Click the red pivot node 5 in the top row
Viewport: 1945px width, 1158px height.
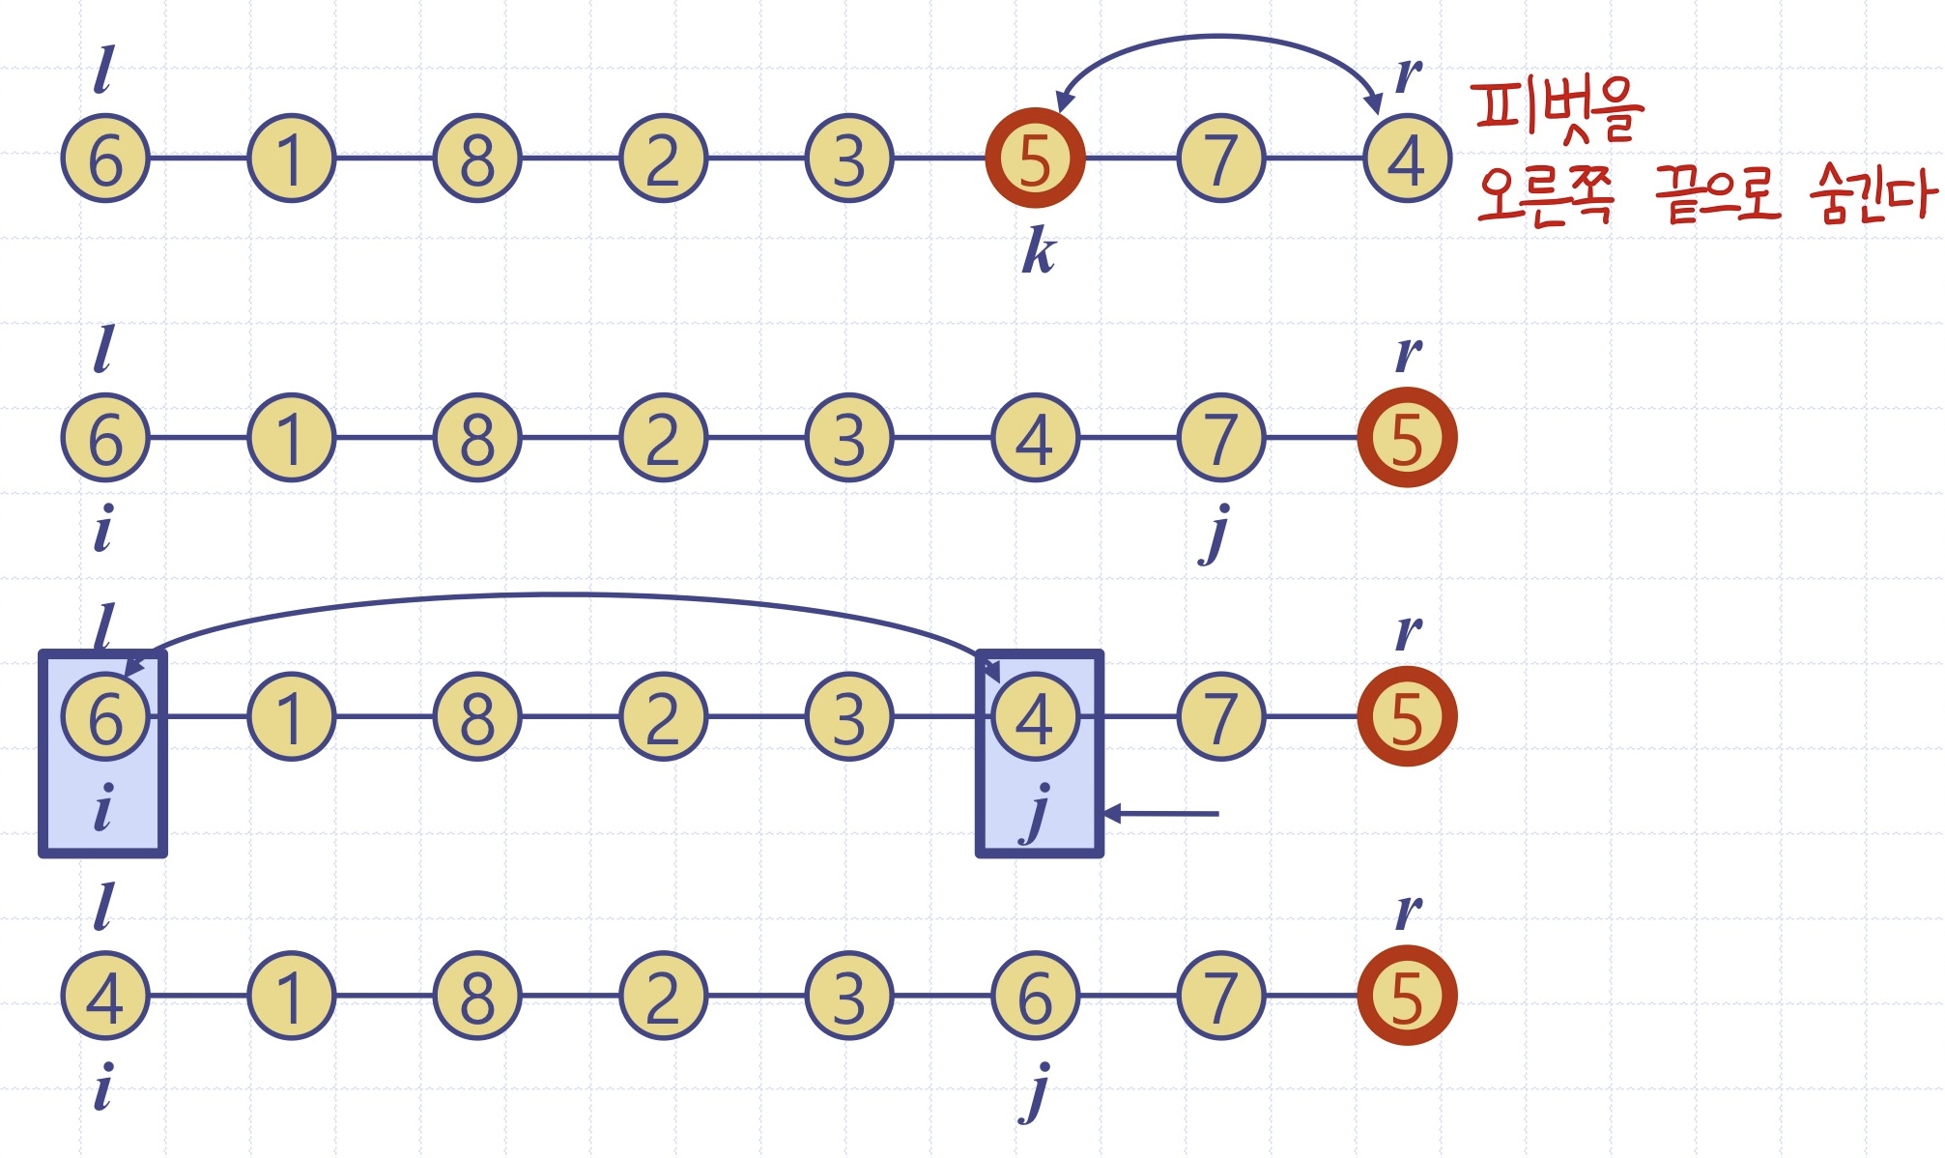click(1035, 158)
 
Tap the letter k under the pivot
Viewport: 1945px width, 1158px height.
click(1039, 252)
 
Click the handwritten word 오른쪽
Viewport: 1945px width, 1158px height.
click(1545, 195)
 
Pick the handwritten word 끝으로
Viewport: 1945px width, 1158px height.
click(1717, 194)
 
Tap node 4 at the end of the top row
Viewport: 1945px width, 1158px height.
click(1407, 159)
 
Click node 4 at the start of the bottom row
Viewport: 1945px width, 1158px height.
click(105, 997)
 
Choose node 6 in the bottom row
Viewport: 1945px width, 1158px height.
click(1035, 997)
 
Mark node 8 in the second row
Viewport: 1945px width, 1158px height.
click(477, 438)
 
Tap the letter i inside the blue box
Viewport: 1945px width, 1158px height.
click(103, 808)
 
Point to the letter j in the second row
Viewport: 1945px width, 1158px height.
click(1216, 533)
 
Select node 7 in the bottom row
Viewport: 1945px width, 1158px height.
click(1220, 997)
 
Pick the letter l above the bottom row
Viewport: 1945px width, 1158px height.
click(103, 907)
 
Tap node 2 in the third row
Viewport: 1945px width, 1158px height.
click(663, 717)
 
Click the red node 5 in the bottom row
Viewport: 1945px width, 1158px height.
click(1407, 997)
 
